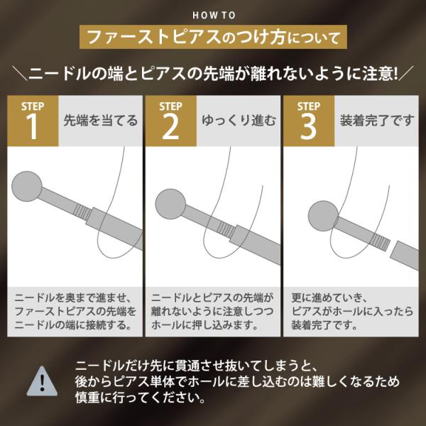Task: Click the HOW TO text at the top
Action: point(213,14)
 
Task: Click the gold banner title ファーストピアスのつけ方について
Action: point(212,35)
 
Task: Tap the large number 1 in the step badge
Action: point(33,128)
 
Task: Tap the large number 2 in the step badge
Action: point(170,128)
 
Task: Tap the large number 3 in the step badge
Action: point(308,128)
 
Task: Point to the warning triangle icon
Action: point(43,381)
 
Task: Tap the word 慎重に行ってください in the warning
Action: point(135,399)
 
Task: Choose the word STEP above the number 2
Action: point(170,106)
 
